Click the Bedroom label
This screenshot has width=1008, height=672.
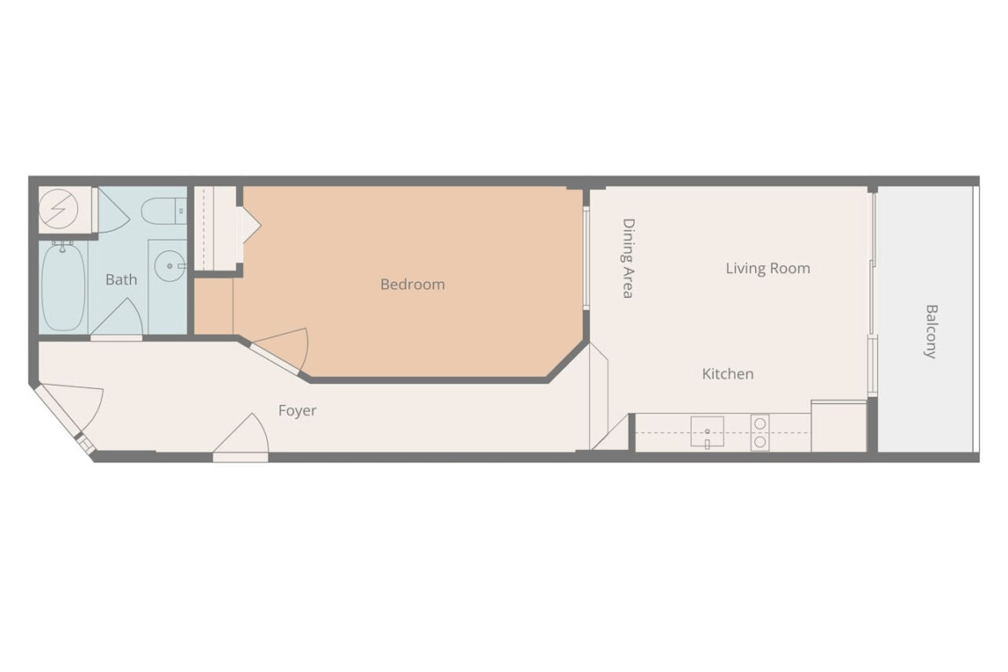(x=412, y=284)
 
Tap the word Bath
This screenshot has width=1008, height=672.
(x=121, y=279)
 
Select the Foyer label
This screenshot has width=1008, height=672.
(x=297, y=411)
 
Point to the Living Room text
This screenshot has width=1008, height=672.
(x=767, y=268)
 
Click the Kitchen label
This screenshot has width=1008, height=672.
(x=728, y=374)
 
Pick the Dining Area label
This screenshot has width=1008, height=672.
(x=628, y=258)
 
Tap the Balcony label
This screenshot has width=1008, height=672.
(x=931, y=332)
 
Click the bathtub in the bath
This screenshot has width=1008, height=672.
(x=63, y=286)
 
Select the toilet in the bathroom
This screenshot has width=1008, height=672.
(x=164, y=211)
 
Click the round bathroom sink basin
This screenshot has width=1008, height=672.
(x=170, y=265)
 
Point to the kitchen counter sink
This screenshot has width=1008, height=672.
(x=707, y=431)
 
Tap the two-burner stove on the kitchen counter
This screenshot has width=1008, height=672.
(x=760, y=432)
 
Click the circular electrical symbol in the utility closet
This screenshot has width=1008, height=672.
(x=58, y=210)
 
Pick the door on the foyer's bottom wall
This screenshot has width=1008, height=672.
(x=241, y=439)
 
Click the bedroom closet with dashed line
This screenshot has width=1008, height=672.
(x=215, y=228)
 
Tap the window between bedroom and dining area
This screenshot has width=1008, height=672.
(x=585, y=258)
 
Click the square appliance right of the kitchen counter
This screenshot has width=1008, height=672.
(x=839, y=426)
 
